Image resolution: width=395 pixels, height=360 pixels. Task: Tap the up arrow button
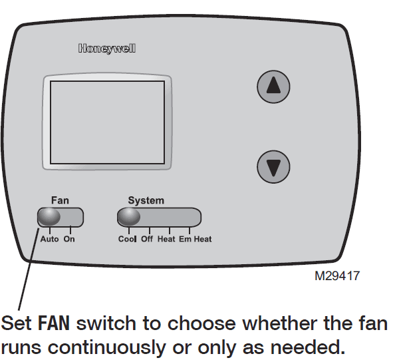coord(273,87)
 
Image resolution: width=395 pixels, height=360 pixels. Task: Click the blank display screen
coord(108,122)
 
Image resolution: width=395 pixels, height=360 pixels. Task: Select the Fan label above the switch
coord(60,200)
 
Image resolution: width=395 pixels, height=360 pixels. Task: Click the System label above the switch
coord(146,200)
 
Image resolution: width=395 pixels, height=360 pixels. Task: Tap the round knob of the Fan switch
coord(49,218)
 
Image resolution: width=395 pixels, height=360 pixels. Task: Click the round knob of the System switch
coord(129,218)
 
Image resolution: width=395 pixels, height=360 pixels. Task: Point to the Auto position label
coord(49,239)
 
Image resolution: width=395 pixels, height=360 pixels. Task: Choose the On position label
coord(69,239)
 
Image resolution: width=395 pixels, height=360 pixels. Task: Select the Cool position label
coord(127,239)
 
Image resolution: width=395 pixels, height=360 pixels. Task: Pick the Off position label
coord(147,239)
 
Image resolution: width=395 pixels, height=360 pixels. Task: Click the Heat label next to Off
coord(166,239)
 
